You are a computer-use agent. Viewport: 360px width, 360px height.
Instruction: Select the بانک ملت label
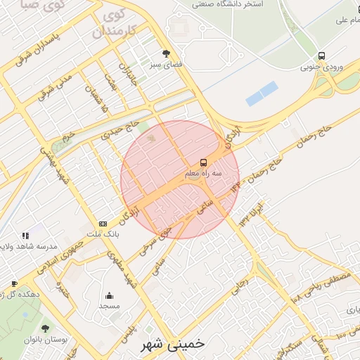tap(108, 234)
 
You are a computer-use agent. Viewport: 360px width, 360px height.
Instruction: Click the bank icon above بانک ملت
tap(103, 224)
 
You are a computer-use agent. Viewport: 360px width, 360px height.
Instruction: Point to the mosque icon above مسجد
tap(109, 296)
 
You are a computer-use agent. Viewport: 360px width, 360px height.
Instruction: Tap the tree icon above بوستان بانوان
tap(46, 328)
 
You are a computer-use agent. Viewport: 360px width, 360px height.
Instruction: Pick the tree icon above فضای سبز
tap(166, 53)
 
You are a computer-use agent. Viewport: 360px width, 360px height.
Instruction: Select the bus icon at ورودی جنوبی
tap(321, 56)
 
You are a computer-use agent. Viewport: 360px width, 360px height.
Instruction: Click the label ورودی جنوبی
tap(322, 67)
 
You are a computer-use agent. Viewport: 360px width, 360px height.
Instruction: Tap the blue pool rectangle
tap(261, 92)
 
